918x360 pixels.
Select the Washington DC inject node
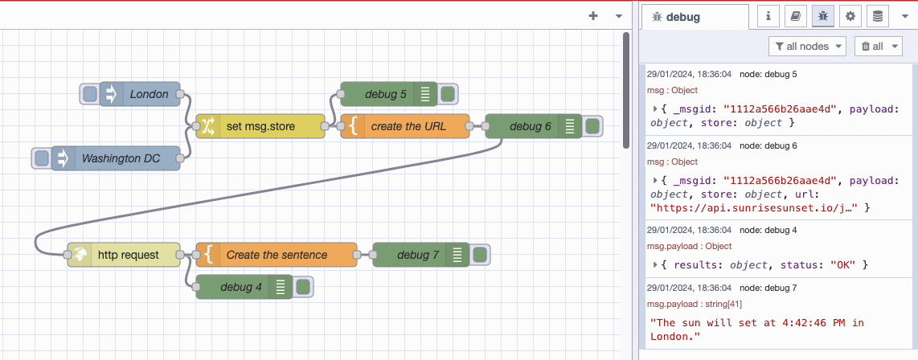(121, 158)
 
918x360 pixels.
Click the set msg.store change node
(260, 126)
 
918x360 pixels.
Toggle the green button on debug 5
(448, 94)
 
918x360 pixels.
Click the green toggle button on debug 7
(480, 255)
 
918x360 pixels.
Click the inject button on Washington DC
(42, 158)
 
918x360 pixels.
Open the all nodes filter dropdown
(807, 47)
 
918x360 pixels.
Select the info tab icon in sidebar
(769, 15)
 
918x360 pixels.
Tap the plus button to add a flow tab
(593, 15)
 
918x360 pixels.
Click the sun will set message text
(756, 329)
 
